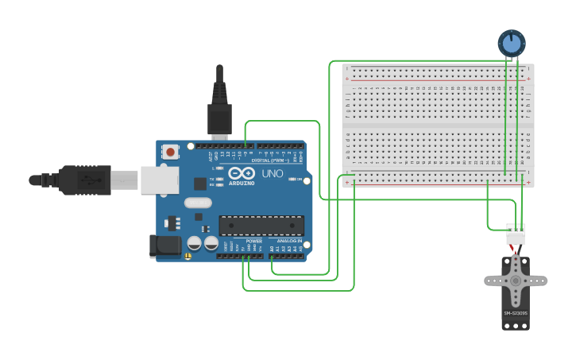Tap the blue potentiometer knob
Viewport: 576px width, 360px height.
click(512, 43)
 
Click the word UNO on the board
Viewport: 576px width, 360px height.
click(273, 173)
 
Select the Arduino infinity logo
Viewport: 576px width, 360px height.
click(242, 172)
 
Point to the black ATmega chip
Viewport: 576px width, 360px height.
click(261, 226)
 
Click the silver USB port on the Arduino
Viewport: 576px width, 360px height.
click(160, 180)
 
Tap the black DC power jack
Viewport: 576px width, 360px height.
click(165, 246)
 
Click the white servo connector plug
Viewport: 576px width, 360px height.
click(516, 235)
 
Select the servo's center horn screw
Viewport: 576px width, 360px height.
click(516, 280)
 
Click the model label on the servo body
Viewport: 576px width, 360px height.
click(516, 313)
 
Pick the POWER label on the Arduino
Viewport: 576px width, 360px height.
click(253, 241)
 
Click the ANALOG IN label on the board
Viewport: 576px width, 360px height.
click(288, 241)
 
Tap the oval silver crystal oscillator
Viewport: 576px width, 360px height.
click(198, 202)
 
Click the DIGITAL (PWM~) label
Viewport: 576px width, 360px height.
click(271, 161)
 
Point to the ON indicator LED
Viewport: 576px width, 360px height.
click(293, 180)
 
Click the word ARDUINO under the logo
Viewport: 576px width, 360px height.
click(242, 184)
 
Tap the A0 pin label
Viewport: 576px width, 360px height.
click(273, 249)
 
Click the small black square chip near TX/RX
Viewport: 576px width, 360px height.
click(199, 184)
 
